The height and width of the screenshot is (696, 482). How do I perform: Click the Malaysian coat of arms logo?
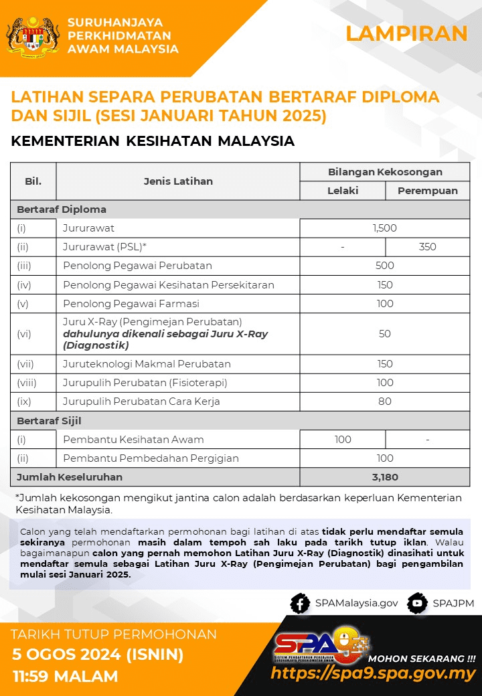pos(32,37)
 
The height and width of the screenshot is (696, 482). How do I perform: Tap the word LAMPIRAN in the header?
pos(406,33)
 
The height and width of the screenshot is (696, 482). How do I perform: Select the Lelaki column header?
pos(343,191)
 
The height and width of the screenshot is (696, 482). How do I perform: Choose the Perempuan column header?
pos(428,191)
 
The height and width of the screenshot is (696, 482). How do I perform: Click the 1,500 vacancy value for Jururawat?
pos(385,228)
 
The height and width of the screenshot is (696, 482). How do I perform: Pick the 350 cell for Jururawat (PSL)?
pos(428,247)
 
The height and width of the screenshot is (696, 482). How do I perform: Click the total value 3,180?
pos(385,477)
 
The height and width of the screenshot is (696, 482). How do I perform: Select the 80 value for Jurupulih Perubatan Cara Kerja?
pos(385,402)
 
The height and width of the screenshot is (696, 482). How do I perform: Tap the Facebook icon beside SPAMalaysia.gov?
pos(299,603)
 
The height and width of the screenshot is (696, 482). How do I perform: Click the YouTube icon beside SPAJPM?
pos(417,603)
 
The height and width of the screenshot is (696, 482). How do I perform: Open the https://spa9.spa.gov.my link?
pos(374,673)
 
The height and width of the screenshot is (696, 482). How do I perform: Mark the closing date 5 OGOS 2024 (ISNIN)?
pos(98,654)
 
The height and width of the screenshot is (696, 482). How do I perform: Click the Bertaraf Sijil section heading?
pos(49,421)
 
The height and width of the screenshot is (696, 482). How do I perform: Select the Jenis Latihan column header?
pos(178,181)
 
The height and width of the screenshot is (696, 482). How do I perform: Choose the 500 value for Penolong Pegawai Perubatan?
pos(385,266)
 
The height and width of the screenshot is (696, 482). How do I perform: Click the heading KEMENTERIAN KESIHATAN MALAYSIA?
pos(153,141)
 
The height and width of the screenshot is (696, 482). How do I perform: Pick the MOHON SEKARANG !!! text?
pos(422,658)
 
